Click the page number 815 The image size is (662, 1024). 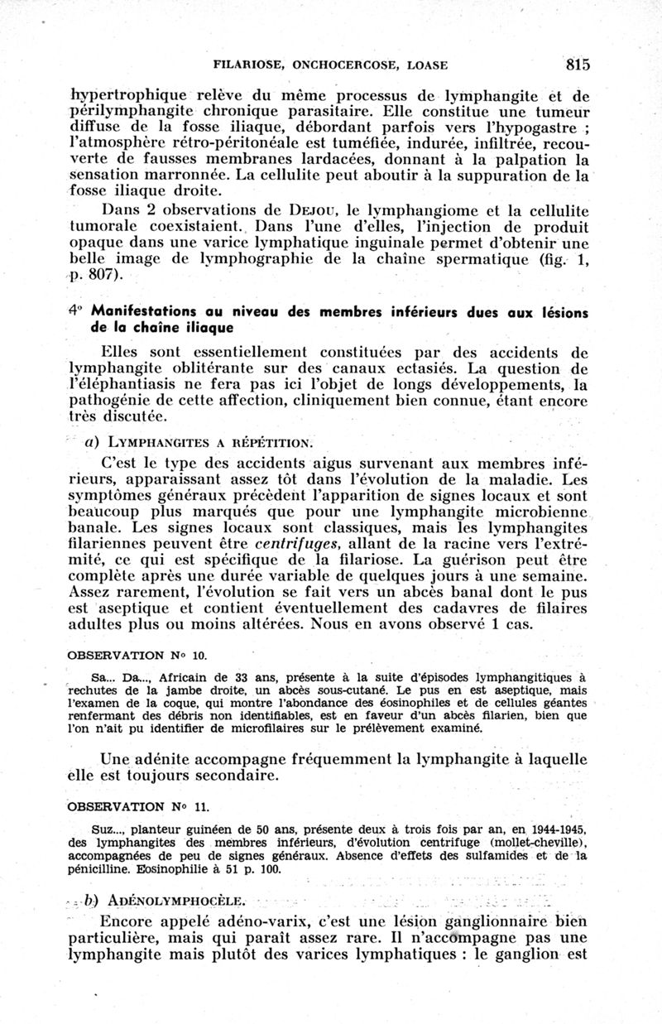[578, 64]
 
